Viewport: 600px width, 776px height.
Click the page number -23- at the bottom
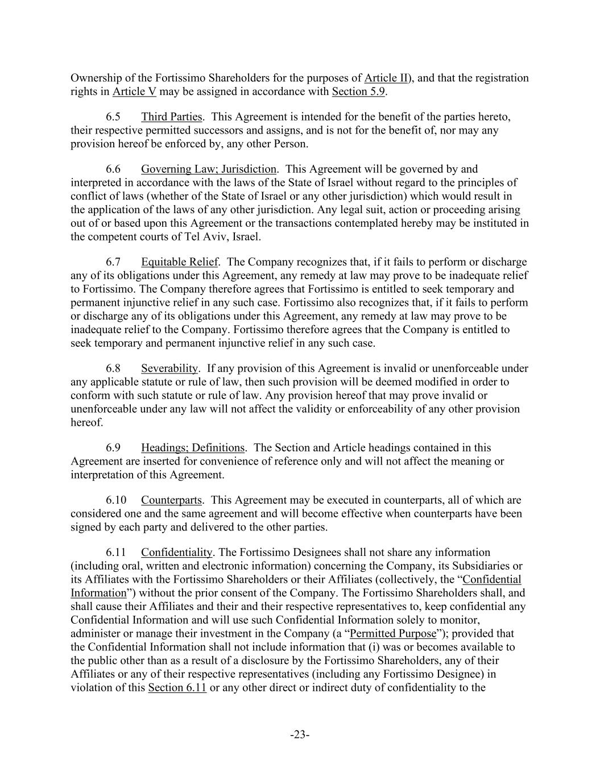(300, 735)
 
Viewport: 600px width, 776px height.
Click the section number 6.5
(113, 117)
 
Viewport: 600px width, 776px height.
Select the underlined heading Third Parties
(171, 117)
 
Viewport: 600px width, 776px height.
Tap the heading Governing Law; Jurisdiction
(209, 169)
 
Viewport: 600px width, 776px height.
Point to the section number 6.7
(113, 262)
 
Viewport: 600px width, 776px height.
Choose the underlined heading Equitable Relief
(180, 262)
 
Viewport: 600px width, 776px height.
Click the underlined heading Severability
(169, 368)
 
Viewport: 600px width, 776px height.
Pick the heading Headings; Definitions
(193, 447)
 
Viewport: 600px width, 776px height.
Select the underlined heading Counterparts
(171, 500)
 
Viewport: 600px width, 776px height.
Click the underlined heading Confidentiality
(176, 552)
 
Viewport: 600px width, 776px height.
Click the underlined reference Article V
(134, 92)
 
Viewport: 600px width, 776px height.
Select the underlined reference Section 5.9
(358, 92)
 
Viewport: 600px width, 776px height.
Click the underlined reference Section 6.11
(177, 688)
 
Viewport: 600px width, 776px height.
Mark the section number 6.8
(113, 368)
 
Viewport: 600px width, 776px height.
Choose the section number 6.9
(113, 447)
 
